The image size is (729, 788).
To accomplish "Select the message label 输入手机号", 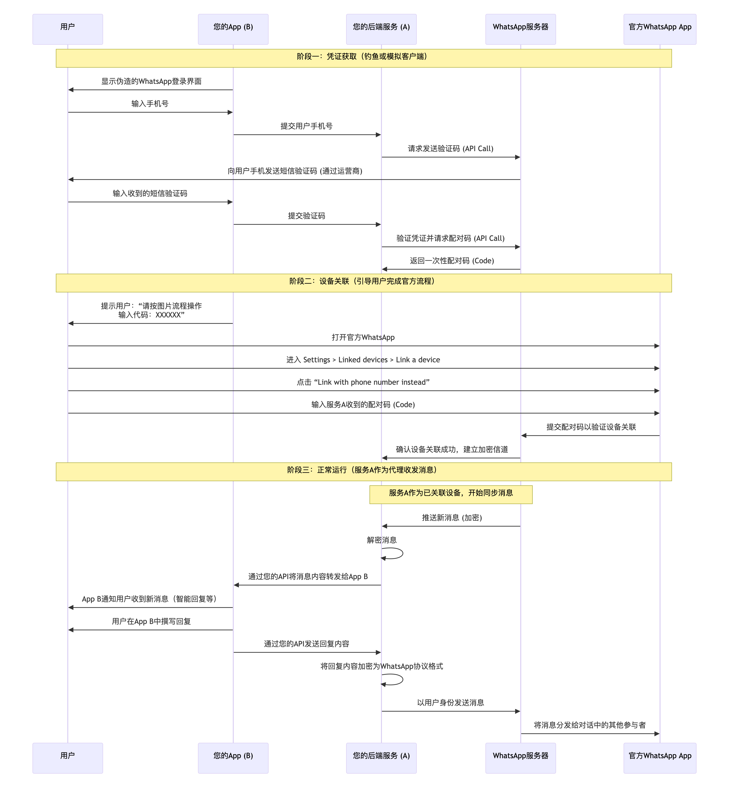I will pos(150,104).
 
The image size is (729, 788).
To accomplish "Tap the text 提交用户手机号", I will pos(306,126).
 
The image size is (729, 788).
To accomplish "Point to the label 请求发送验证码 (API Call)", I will pos(450,149).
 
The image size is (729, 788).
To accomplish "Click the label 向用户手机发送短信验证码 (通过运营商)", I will pos(295,171).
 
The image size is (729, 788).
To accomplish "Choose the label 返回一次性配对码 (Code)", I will pos(452,261).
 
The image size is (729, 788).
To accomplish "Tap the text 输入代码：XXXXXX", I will pos(151,315).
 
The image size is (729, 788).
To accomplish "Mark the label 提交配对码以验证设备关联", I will pos(591,427).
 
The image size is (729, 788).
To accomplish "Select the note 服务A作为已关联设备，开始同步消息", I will pos(451,493).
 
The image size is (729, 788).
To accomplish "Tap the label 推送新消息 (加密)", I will pos(452,518).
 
